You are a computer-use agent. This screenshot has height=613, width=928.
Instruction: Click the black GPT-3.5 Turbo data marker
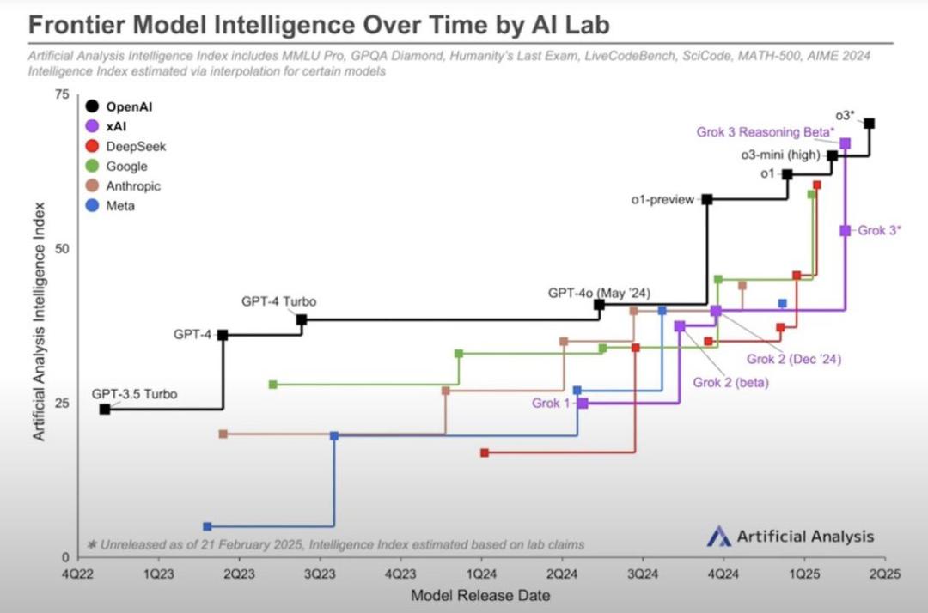[105, 409]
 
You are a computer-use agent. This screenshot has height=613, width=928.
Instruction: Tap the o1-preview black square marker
[707, 199]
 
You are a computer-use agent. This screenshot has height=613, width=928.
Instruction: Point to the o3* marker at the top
[870, 124]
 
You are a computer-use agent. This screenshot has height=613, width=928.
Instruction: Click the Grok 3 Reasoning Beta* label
[765, 132]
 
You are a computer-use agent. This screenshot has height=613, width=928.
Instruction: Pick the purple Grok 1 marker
[583, 403]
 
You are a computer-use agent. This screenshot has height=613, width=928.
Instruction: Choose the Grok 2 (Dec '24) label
[793, 359]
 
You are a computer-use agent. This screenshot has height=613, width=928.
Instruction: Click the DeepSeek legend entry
[136, 147]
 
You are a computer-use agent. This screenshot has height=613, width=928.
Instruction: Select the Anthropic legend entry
[133, 186]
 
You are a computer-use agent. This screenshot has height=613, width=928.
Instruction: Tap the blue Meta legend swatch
[91, 206]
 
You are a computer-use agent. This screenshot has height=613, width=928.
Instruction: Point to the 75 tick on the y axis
[61, 94]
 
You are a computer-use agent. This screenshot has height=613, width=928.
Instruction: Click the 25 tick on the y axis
[61, 404]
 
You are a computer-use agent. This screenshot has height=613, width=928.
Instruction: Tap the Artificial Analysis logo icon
[718, 537]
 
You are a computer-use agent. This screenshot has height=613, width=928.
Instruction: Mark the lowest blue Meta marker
[207, 526]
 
